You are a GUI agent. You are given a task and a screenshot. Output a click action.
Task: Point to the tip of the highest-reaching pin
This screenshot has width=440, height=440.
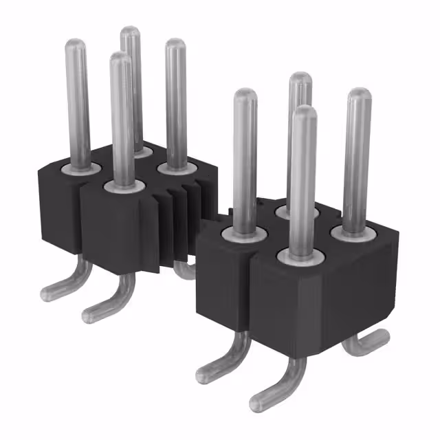[x=130, y=32]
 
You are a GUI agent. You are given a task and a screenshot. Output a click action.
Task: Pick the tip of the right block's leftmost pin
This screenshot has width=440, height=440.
[x=245, y=97]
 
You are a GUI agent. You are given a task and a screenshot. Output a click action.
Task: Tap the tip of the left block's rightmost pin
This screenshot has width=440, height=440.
[x=175, y=45]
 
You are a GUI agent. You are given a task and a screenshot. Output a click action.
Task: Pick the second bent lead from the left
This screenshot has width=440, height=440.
[x=96, y=313]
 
